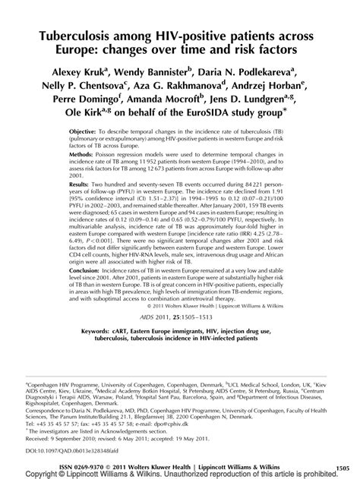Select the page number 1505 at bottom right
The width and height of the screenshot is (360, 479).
[346, 463]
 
